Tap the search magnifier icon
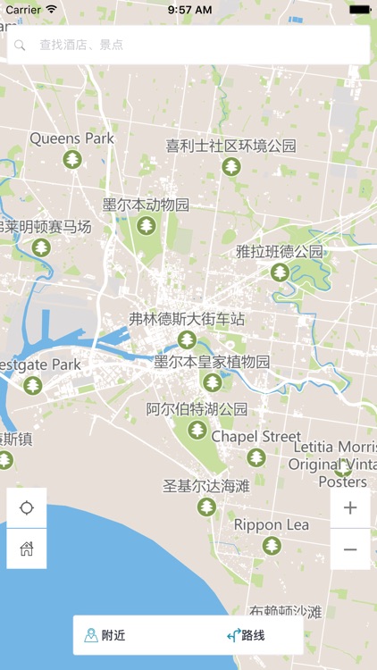(20, 45)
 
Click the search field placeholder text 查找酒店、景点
(81, 45)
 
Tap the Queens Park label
(72, 138)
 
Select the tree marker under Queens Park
(72, 160)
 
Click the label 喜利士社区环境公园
(230, 146)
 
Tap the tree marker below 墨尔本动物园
(146, 226)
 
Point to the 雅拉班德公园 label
(280, 251)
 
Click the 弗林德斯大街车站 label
(187, 319)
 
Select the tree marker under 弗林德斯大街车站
(187, 339)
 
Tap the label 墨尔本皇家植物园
(212, 362)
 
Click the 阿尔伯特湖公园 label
(197, 409)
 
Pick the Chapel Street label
(256, 437)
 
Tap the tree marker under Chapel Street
(256, 457)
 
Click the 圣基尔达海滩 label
(206, 486)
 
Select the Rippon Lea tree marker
(272, 546)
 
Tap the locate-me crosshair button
(27, 508)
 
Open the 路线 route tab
(247, 635)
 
